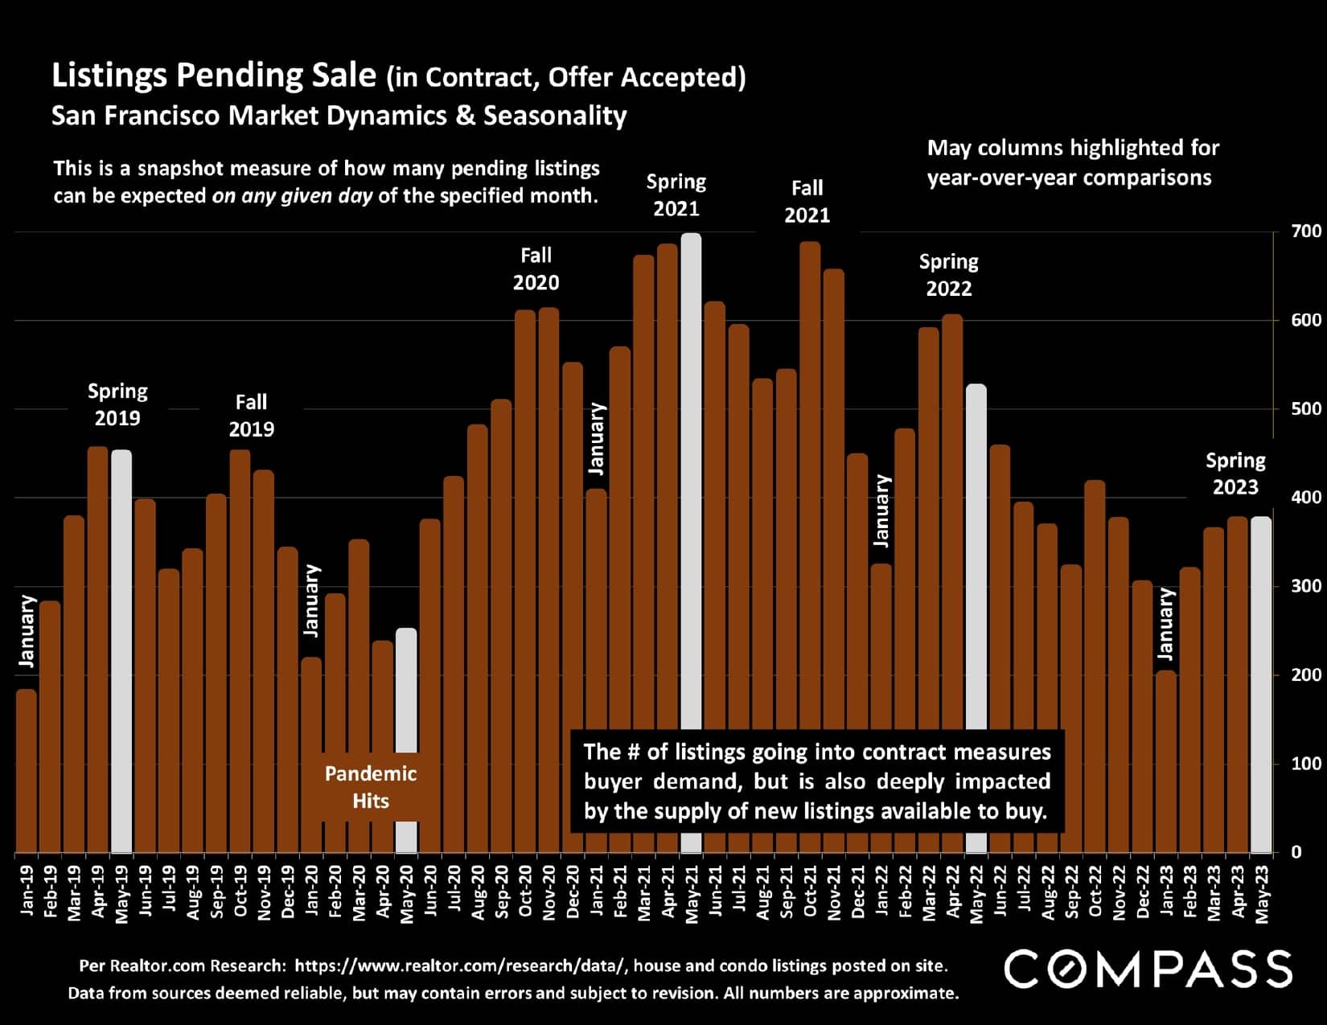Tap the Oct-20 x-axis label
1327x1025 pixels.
(526, 891)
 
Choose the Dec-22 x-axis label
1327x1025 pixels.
(1143, 891)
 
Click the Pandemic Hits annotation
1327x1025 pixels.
(371, 787)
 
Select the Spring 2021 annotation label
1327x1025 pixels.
(676, 195)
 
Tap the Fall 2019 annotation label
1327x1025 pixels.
(251, 415)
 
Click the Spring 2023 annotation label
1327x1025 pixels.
(1235, 474)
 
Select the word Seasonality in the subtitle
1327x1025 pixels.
(555, 116)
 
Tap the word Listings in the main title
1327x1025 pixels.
(109, 75)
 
